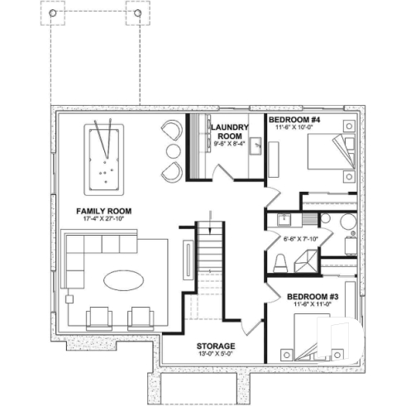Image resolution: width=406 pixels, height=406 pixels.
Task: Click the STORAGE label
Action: pos(216,346)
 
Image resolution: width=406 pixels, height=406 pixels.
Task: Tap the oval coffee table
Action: pos(121,280)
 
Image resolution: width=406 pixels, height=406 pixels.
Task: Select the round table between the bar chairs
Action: pos(172,150)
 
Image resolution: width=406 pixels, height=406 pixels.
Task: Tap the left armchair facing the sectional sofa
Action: pos(98,316)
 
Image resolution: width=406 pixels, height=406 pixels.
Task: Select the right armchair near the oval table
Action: pos(141,316)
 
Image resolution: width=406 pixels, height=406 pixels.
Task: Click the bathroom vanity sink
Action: pos(284,219)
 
